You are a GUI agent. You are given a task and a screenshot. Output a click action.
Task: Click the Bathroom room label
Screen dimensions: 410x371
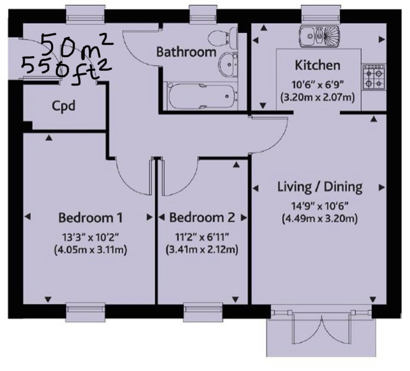click(186, 52)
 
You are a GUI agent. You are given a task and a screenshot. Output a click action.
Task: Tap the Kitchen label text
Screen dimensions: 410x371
click(317, 65)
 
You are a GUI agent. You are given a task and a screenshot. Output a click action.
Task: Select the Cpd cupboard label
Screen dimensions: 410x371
click(64, 106)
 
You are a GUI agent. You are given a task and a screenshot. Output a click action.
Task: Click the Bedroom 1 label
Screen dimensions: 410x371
click(91, 218)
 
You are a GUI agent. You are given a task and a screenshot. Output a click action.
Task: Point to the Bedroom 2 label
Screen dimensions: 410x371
click(202, 218)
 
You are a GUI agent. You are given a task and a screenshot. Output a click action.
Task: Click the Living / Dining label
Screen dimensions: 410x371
click(320, 188)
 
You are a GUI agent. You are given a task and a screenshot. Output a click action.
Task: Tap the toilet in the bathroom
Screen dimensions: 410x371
click(223, 38)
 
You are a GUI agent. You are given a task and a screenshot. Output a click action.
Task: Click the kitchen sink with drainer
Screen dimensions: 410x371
click(319, 36)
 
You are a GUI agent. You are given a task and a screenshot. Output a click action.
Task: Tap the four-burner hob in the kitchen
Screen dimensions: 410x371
click(374, 77)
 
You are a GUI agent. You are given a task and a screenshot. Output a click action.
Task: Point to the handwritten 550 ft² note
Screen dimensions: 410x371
click(67, 70)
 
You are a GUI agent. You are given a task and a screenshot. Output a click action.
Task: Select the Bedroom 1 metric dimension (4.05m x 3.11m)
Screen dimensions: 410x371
click(91, 250)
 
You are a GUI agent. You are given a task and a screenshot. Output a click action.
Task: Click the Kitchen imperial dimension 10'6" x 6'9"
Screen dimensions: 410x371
click(317, 85)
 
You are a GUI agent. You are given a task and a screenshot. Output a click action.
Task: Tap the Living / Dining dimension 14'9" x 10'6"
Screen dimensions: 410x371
click(320, 206)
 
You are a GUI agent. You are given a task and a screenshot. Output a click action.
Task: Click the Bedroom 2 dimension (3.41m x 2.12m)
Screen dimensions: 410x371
click(202, 250)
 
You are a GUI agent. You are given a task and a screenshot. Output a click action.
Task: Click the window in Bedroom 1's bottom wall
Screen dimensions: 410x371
click(86, 311)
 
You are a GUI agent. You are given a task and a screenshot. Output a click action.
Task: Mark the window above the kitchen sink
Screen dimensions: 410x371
click(321, 14)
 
